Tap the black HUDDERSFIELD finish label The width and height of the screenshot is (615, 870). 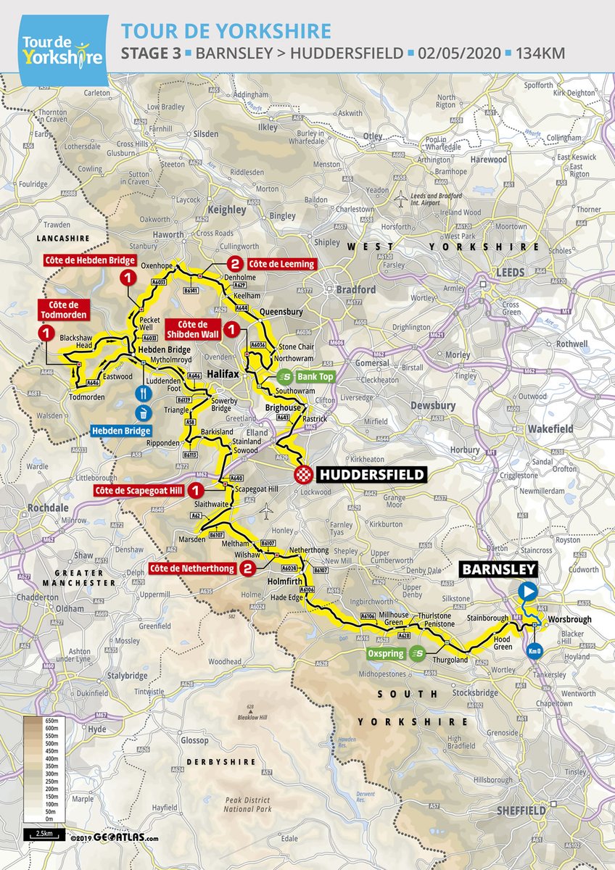pos(368,474)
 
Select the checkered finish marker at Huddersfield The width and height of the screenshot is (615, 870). pos(302,474)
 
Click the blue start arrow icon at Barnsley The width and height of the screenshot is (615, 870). pos(527,591)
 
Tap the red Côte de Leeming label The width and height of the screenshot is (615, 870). pos(281,264)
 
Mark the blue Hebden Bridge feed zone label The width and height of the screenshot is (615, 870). pos(120,430)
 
